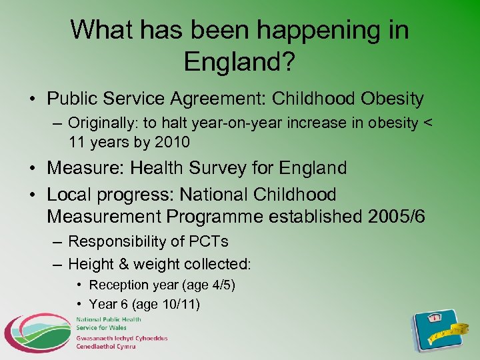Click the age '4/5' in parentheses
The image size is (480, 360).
220,285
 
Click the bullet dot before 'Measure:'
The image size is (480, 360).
33,169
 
